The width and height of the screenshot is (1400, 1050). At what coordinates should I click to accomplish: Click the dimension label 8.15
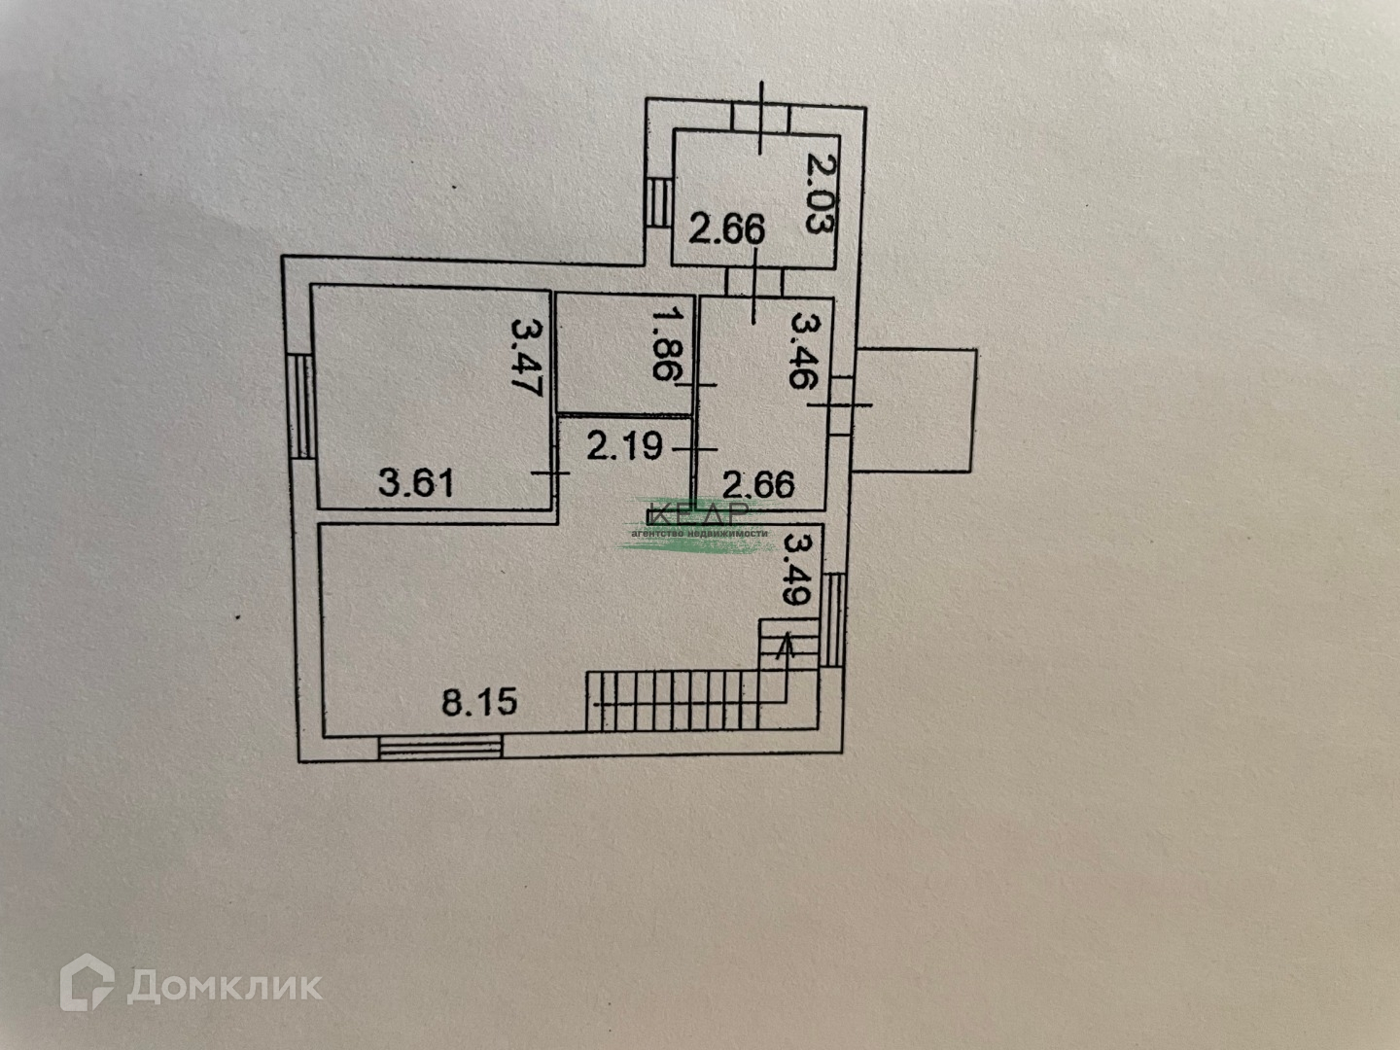point(479,701)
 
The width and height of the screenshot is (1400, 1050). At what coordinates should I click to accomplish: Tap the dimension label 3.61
point(416,482)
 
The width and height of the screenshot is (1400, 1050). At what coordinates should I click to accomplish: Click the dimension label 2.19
point(625,446)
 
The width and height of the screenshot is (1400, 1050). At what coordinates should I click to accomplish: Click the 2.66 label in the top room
point(727,230)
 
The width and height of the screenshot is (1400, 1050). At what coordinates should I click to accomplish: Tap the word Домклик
point(225,987)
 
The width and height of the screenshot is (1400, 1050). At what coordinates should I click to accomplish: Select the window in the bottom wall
point(440,747)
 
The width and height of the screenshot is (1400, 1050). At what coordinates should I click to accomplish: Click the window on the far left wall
point(301,405)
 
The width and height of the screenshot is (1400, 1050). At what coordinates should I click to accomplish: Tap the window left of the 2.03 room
point(659,203)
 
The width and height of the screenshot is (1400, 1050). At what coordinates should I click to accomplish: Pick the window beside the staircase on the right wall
point(833,619)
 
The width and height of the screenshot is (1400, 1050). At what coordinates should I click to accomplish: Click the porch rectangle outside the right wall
point(914,409)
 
